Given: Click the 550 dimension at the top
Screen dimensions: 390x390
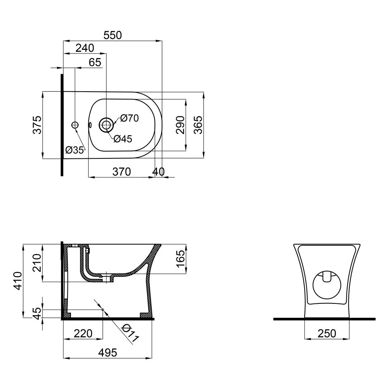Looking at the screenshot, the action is (113, 35).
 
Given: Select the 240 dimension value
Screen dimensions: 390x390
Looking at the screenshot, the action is (85, 48).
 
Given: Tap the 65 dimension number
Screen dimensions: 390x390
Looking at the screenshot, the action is (95, 62).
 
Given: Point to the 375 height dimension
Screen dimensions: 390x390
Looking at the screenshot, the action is (37, 125).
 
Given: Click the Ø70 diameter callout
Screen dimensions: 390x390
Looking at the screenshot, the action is (129, 118).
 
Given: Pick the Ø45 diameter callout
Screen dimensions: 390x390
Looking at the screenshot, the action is (123, 139).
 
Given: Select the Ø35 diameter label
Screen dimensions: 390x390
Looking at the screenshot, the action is (74, 150).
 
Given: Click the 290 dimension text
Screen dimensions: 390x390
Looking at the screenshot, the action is (180, 125).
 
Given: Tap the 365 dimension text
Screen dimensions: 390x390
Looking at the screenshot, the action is (198, 125).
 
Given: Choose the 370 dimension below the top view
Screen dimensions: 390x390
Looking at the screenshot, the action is (122, 172).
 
